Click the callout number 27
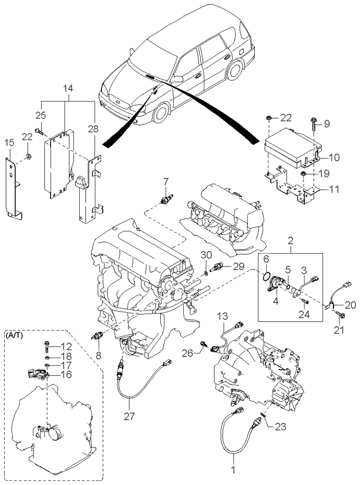[130, 416]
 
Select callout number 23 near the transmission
[280, 426]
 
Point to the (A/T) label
[14, 335]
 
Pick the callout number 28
[93, 129]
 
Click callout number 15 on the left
[9, 143]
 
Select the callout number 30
[206, 255]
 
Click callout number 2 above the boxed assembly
[291, 240]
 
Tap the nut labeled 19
[304, 174]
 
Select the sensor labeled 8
[97, 336]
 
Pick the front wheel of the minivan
[162, 112]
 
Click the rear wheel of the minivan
[234, 70]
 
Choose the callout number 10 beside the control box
[334, 157]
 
